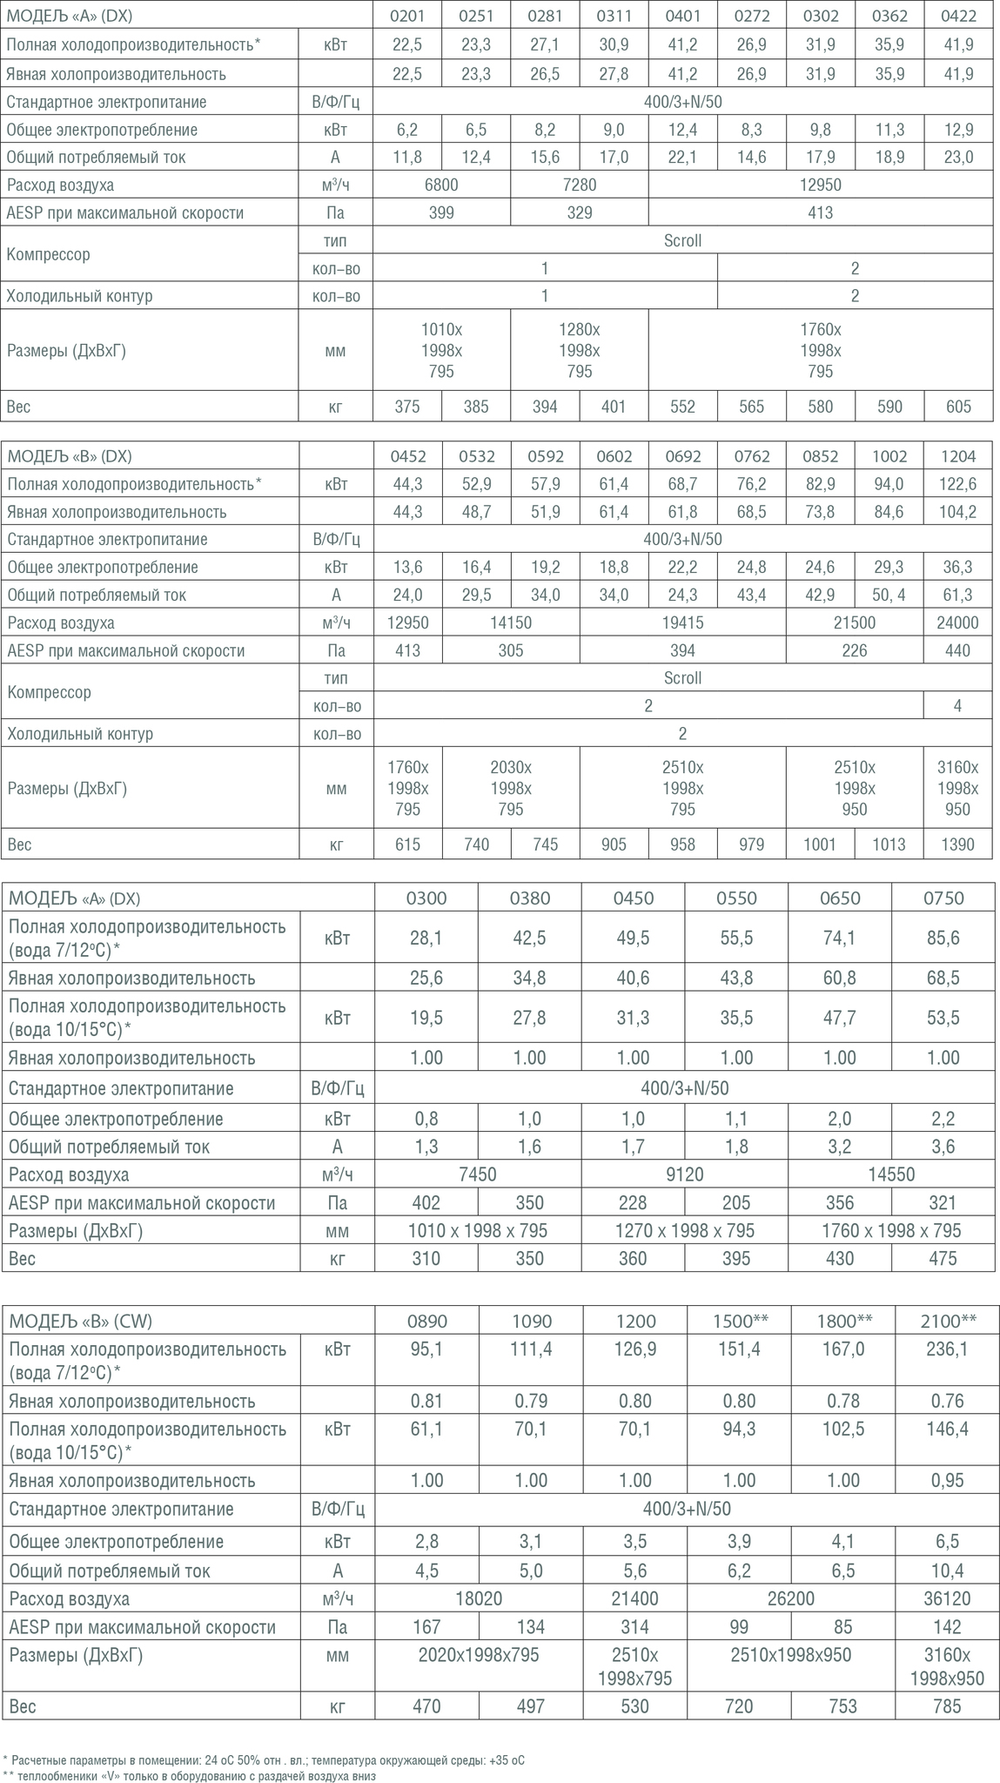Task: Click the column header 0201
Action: (407, 16)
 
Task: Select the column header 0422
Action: (957, 16)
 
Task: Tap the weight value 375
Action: (407, 407)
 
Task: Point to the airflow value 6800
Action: (441, 185)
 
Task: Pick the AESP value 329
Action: (580, 212)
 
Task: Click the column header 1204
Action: (957, 456)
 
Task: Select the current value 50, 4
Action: (889, 595)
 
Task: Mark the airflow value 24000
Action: (957, 622)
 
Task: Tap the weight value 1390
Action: (957, 844)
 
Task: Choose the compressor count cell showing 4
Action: (957, 705)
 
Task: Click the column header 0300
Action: (426, 898)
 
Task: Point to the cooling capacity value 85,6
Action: (943, 938)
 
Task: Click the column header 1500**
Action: (739, 1321)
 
